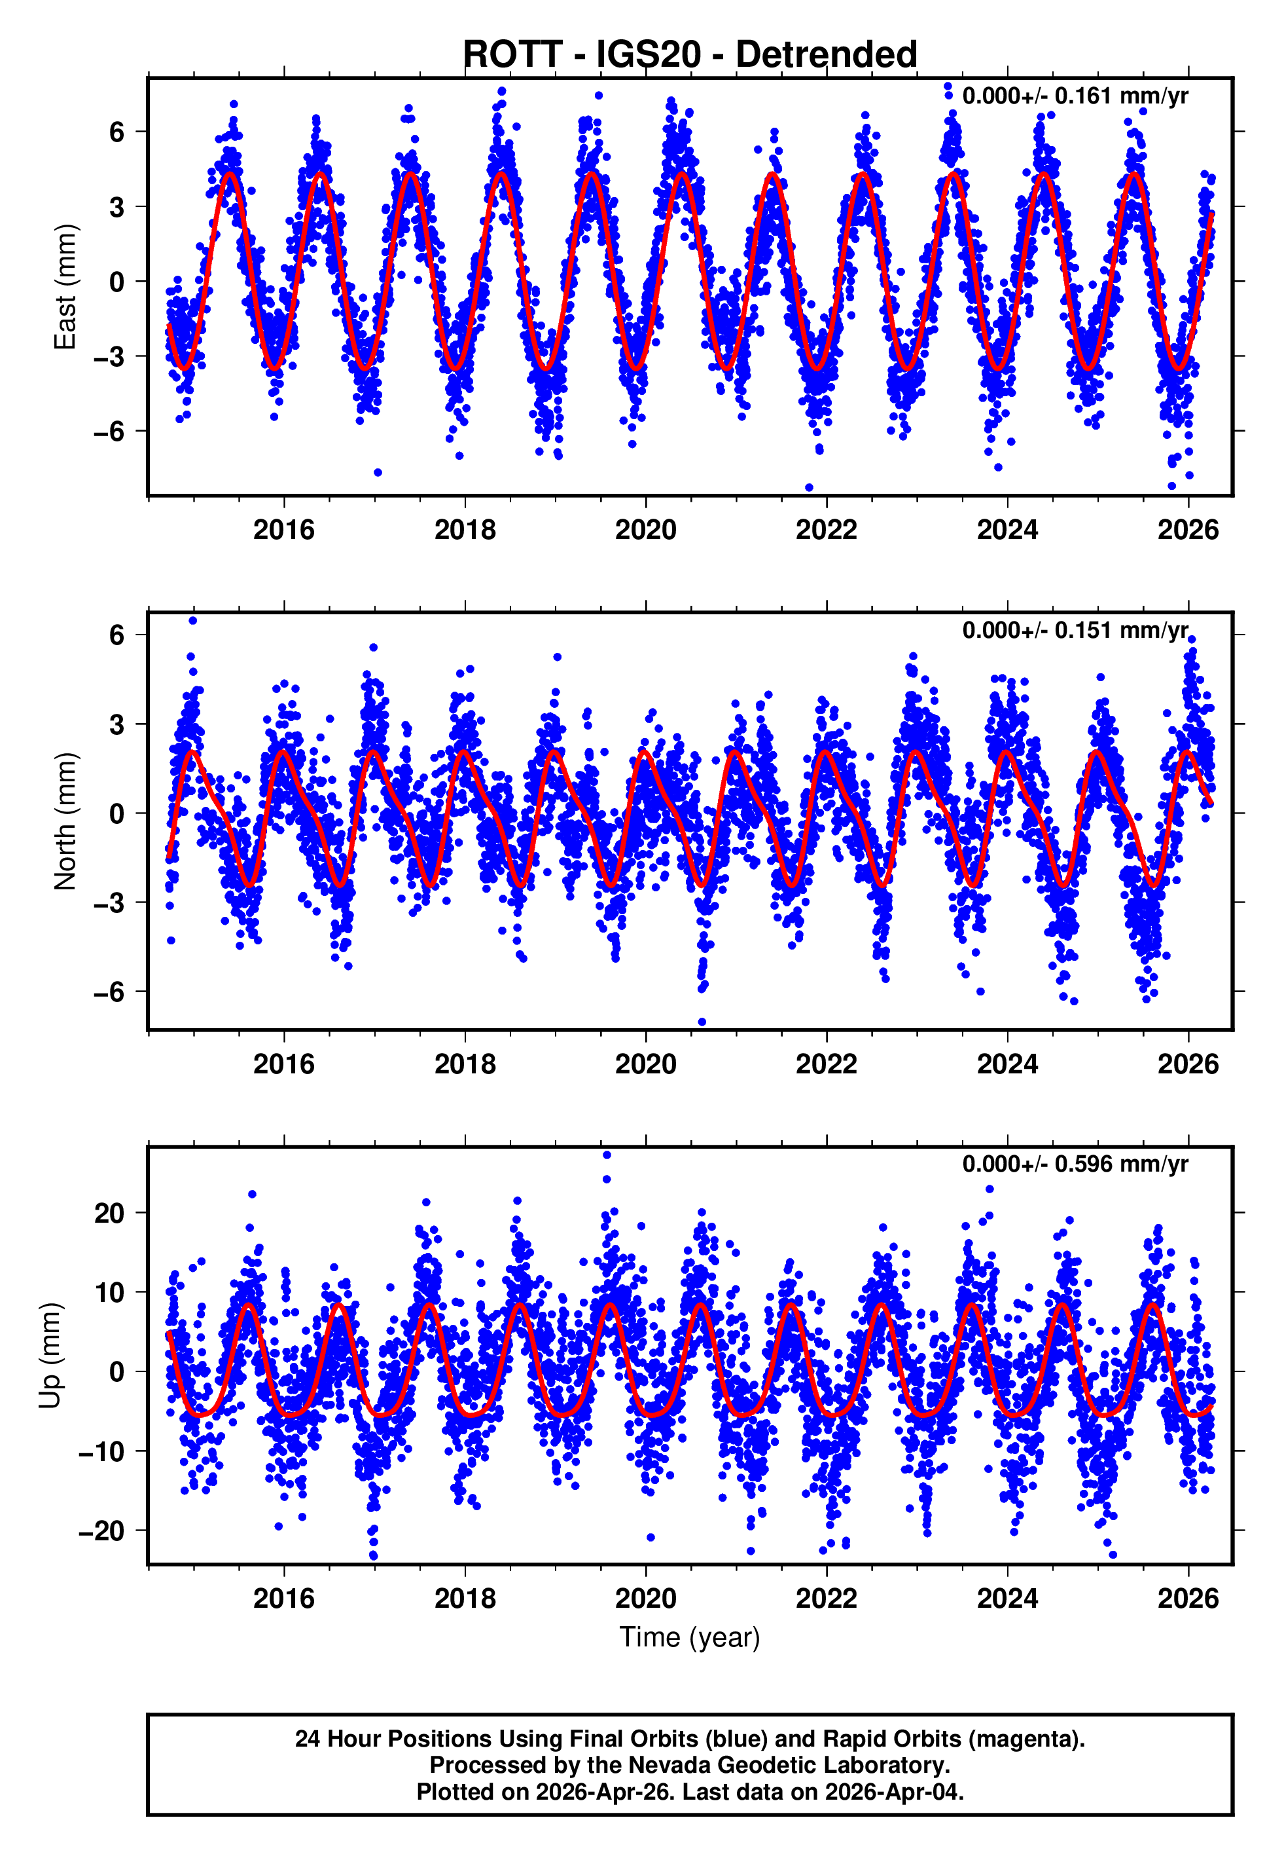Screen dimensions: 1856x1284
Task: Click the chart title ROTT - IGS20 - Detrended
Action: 690,55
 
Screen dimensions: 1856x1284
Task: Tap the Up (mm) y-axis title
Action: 50,1356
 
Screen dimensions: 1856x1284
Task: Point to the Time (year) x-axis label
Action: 690,1637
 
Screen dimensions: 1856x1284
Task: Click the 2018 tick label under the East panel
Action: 465,530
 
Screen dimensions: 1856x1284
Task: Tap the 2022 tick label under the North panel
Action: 827,1064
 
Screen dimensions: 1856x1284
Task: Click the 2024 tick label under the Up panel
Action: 1007,1599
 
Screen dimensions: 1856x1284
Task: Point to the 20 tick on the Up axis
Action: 109,1213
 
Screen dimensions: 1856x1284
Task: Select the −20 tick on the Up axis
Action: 101,1530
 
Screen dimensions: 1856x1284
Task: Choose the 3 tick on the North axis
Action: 117,724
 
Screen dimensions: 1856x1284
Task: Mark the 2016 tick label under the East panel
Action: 284,530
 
